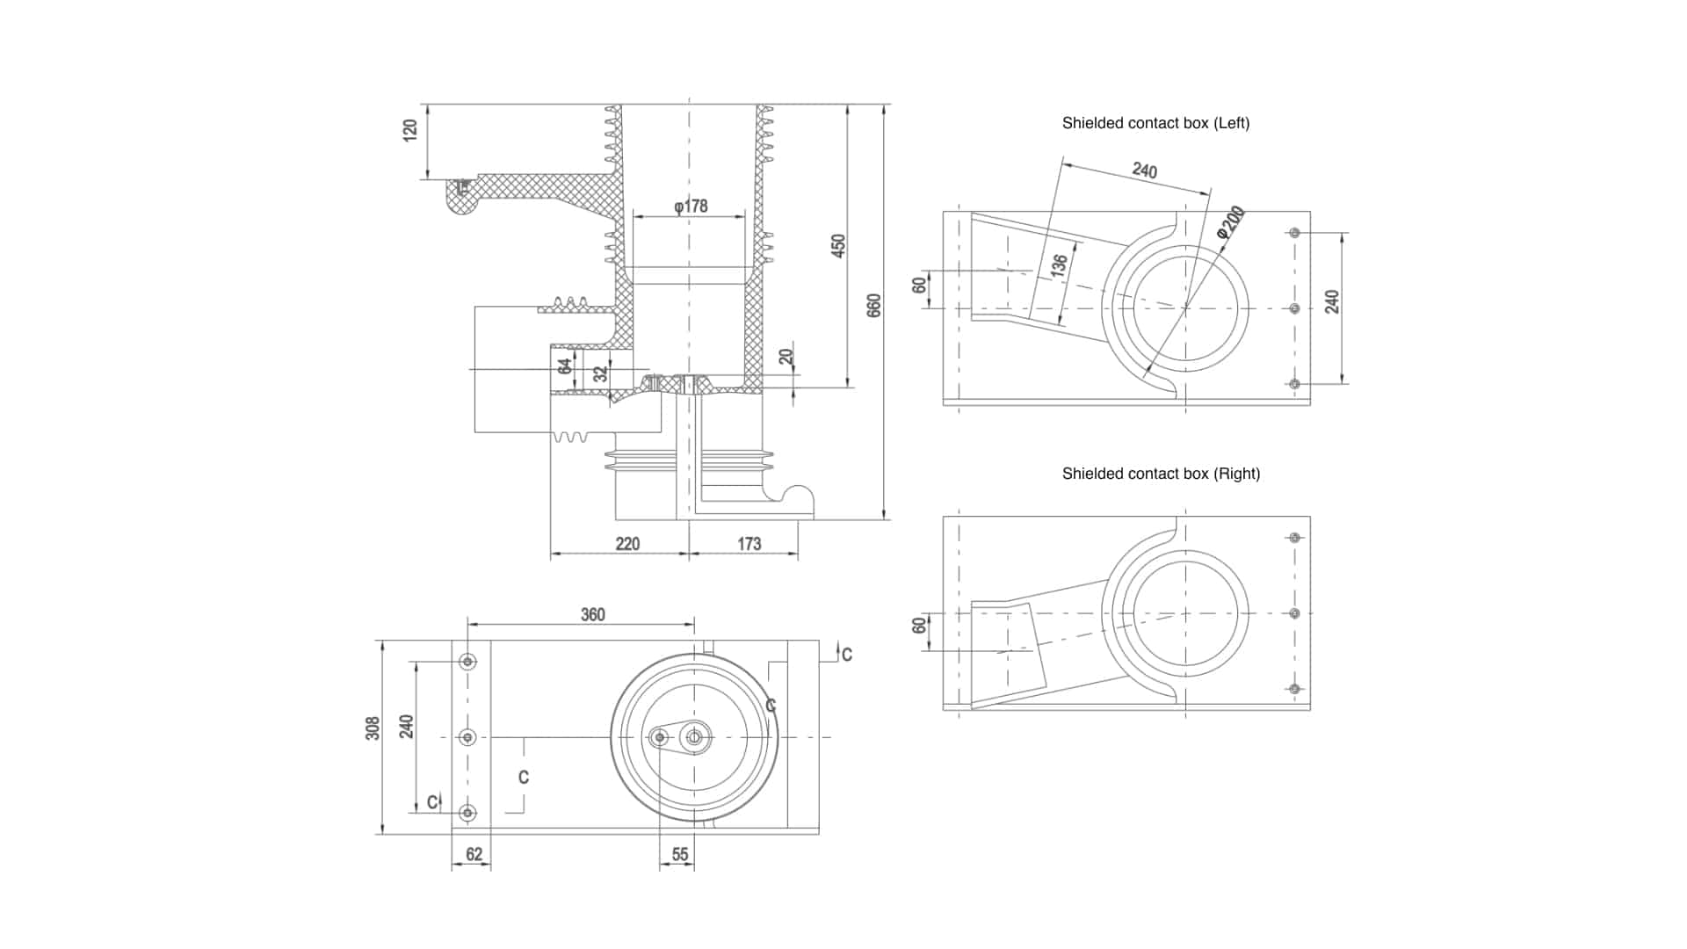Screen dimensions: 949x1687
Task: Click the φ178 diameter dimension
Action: [691, 206]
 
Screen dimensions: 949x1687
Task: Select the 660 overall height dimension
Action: [873, 305]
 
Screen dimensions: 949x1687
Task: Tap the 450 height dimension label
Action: [838, 245]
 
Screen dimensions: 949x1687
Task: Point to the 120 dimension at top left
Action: [409, 131]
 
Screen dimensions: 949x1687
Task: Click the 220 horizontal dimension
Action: [627, 544]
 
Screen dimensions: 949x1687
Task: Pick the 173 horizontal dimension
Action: [749, 544]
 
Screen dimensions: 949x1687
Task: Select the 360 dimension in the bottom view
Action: [593, 614]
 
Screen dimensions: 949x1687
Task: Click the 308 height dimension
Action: [373, 728]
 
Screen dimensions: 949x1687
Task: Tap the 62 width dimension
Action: [474, 854]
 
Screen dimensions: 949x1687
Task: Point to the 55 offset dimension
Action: [680, 854]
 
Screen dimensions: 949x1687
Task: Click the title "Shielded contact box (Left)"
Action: [1155, 123]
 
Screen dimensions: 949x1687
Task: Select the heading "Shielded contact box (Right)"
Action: [1161, 474]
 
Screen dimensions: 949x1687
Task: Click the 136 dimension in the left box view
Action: [1059, 265]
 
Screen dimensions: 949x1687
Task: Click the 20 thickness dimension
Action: [786, 357]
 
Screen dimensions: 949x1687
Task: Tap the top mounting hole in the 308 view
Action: [468, 662]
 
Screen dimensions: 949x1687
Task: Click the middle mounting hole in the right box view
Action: [1294, 613]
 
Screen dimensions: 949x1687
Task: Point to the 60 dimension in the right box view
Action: [919, 626]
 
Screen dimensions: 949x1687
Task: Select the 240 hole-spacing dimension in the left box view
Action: [1333, 301]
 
